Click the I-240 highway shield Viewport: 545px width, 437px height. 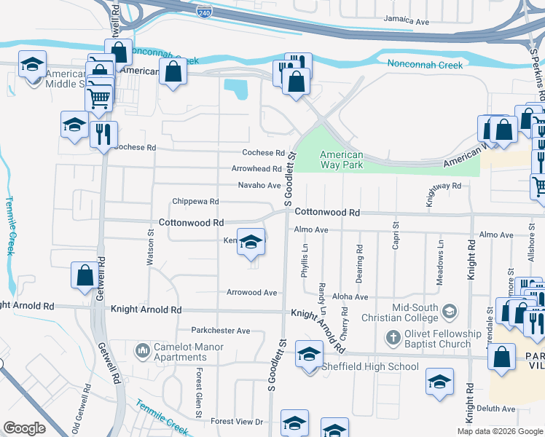tap(204, 12)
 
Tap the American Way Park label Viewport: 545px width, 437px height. tap(342, 160)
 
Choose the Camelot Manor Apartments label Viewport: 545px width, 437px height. tap(180, 353)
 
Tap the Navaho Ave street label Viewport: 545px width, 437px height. tap(259, 185)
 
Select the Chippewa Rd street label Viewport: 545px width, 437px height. tap(195, 201)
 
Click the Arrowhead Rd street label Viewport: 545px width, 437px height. tap(256, 169)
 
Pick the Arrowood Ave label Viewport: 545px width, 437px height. tap(251, 293)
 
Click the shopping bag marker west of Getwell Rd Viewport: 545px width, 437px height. tap(85, 276)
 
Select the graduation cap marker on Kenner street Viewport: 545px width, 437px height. tap(251, 243)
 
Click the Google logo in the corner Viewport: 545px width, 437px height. tap(24, 428)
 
